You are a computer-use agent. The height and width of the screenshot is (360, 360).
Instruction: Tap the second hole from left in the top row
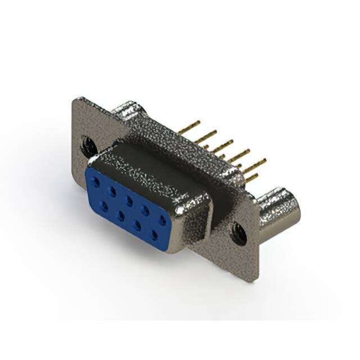pyautogui.click(x=113, y=191)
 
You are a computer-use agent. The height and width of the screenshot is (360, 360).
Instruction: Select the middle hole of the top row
pyautogui.click(x=129, y=200)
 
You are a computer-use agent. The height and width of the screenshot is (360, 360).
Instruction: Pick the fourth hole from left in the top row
pyautogui.click(x=146, y=209)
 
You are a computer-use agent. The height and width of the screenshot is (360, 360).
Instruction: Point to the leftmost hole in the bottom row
pyautogui.click(x=104, y=205)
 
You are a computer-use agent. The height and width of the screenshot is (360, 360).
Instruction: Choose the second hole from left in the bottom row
pyautogui.click(x=121, y=215)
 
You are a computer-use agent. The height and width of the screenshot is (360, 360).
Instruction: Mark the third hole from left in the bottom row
pyautogui.click(x=138, y=224)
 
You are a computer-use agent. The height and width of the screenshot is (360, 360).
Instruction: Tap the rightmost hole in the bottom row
pyautogui.click(x=155, y=235)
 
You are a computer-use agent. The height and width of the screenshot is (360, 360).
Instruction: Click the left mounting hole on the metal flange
pyautogui.click(x=88, y=146)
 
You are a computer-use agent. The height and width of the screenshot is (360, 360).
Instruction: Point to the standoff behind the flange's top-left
pyautogui.click(x=128, y=109)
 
